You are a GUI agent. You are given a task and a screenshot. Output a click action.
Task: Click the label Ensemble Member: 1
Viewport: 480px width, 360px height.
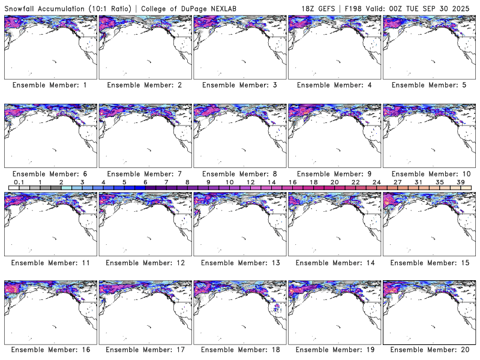pyautogui.click(x=49, y=85)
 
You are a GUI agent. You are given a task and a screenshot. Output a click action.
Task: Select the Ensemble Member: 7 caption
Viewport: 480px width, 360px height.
pyautogui.click(x=144, y=173)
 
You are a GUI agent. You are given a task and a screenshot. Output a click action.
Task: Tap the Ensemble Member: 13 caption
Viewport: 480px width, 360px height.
pyautogui.click(x=239, y=262)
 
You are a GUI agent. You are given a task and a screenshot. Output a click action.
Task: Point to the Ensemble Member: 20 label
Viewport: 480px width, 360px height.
pyautogui.click(x=428, y=350)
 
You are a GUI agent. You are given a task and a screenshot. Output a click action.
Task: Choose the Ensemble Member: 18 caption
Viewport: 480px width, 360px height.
pyautogui.click(x=239, y=350)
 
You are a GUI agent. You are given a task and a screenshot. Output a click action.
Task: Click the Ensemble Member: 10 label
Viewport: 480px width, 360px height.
pyautogui.click(x=428, y=173)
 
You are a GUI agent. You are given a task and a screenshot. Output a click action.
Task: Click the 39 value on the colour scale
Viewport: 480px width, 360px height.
pyautogui.click(x=461, y=182)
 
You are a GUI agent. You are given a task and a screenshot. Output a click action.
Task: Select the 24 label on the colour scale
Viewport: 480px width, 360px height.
pyautogui.click(x=377, y=182)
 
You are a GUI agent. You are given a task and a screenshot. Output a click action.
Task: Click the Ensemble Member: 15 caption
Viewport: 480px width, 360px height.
pyautogui.click(x=428, y=262)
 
